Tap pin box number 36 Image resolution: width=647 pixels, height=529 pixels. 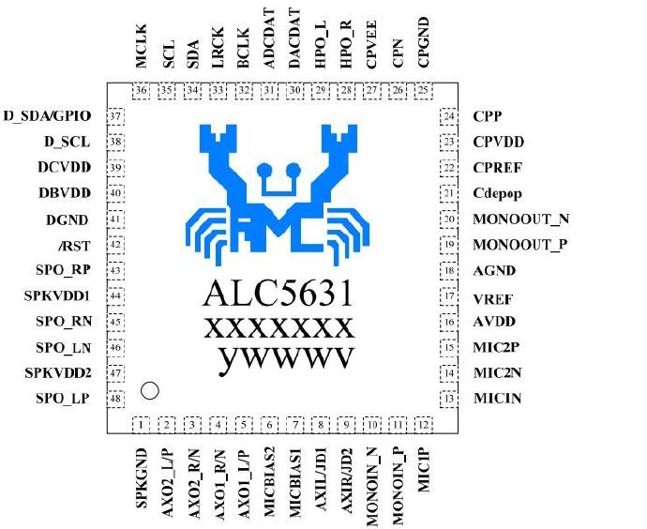click(x=142, y=90)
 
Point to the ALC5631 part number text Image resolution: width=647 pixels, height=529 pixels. click(x=278, y=294)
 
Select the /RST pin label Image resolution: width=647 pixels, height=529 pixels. click(x=70, y=245)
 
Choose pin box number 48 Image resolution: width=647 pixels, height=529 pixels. click(x=116, y=399)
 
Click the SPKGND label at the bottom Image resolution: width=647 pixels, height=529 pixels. click(x=143, y=477)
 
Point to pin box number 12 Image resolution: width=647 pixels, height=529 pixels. click(x=424, y=425)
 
